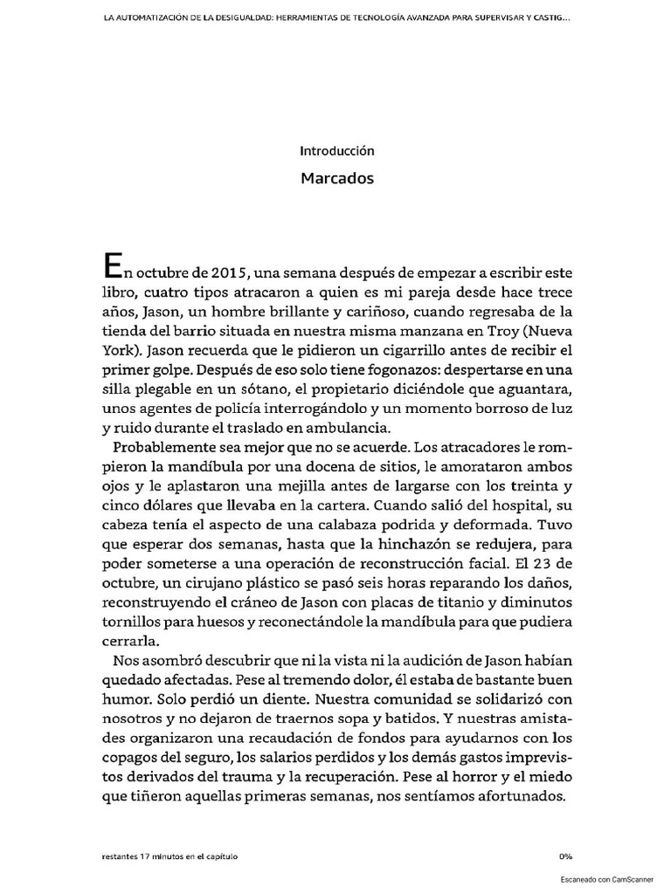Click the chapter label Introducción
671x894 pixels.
click(336, 150)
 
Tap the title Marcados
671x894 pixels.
click(336, 178)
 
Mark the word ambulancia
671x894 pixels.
click(350, 428)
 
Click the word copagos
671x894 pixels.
click(130, 758)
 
